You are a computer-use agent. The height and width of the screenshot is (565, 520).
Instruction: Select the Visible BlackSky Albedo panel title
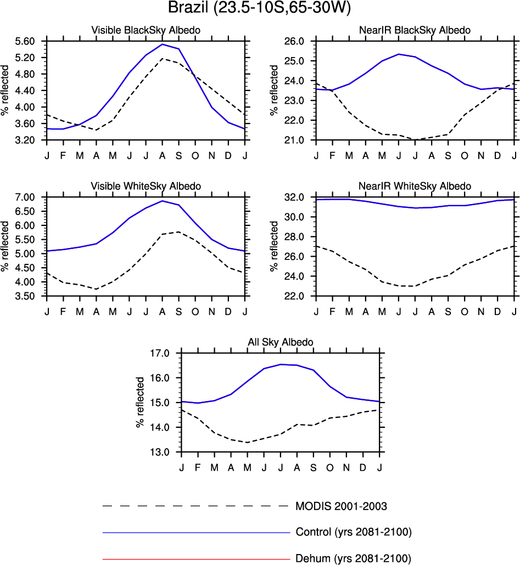point(146,30)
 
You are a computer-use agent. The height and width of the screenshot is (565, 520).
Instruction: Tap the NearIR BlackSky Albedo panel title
point(415,30)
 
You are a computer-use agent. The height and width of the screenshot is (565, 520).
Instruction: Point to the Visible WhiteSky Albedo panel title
point(146,187)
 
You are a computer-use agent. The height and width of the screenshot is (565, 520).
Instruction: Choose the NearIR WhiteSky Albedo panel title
point(415,187)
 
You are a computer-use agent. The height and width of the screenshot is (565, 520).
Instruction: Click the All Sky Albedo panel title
point(281,342)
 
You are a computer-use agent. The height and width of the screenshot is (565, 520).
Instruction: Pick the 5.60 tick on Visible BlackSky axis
point(25,41)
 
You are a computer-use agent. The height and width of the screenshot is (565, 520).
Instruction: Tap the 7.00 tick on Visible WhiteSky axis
point(25,197)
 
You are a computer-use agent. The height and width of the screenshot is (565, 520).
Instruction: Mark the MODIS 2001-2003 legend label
point(345,506)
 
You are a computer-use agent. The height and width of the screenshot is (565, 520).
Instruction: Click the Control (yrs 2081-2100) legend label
point(354,532)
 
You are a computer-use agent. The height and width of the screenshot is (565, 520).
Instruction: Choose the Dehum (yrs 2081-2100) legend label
point(353,559)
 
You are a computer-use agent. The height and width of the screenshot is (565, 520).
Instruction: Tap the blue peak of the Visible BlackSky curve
point(163,44)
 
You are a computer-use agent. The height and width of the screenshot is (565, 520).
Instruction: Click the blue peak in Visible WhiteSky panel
point(163,201)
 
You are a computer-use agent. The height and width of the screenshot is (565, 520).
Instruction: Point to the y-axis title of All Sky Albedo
point(141,403)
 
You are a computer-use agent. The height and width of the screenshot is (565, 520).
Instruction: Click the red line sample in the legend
point(195,559)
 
